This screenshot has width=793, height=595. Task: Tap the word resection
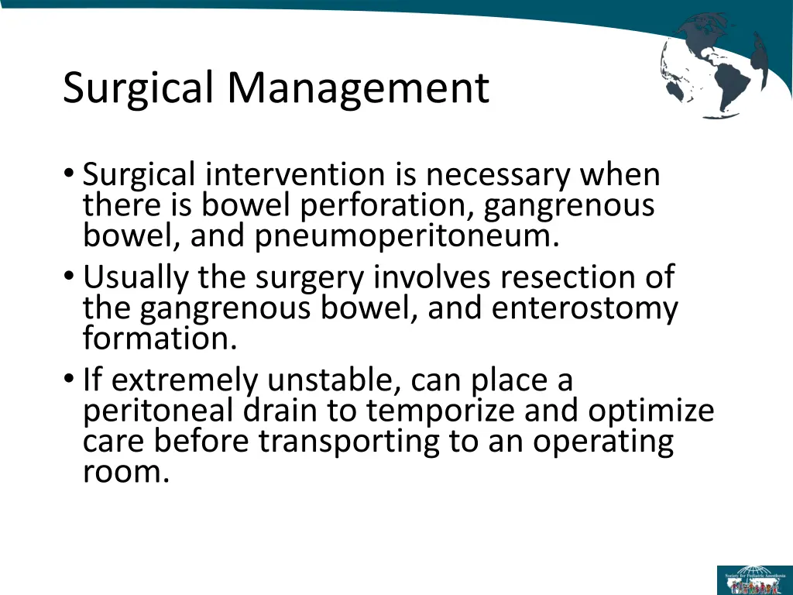565,277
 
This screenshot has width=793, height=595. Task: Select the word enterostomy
585,308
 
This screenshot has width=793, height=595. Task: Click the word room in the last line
125,471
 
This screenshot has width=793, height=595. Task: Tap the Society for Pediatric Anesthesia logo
754,580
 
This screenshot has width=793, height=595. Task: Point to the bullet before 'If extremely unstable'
70,380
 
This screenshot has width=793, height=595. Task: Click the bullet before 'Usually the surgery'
70,277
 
